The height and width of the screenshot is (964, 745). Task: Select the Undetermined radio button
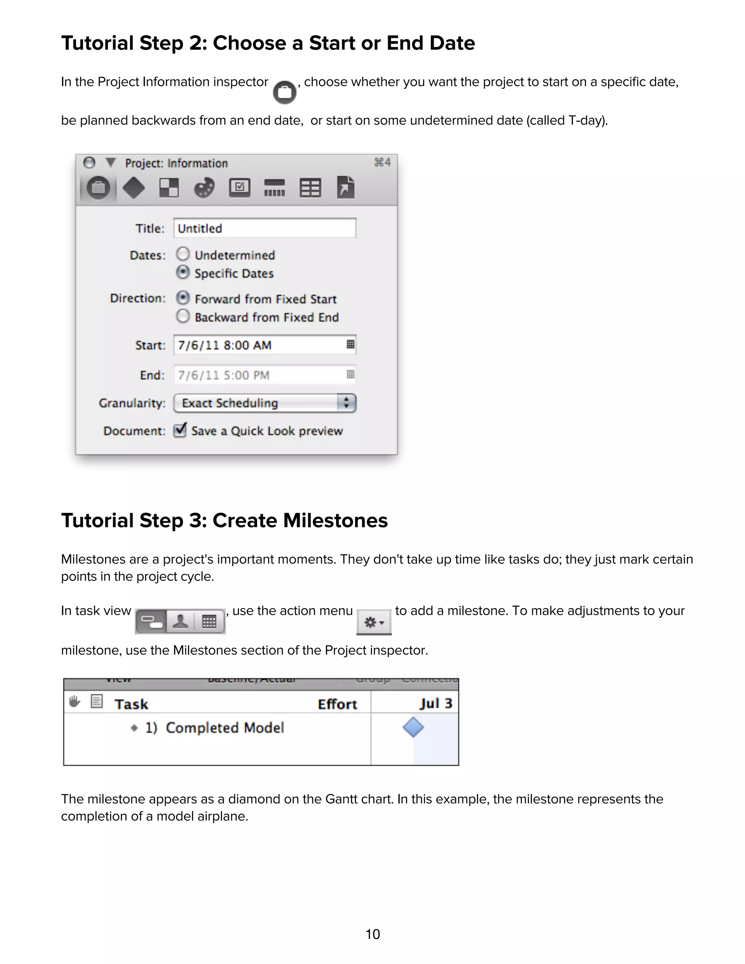[183, 254]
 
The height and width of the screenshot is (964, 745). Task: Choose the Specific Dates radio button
[183, 272]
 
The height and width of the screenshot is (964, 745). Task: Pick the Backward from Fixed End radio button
[183, 316]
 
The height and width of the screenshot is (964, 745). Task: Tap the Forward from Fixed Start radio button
[183, 298]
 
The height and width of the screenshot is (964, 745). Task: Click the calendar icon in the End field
[350, 375]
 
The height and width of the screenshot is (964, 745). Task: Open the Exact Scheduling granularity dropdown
[264, 403]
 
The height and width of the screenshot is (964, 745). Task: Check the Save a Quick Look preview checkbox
[180, 430]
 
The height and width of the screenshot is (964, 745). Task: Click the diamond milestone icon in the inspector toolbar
[133, 188]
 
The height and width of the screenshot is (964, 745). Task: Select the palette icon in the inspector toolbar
[204, 188]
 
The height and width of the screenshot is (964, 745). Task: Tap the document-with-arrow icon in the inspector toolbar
[346, 188]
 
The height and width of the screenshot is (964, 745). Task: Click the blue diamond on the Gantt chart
[413, 728]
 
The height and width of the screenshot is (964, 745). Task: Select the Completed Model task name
[225, 728]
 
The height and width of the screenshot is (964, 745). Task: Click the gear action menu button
[374, 622]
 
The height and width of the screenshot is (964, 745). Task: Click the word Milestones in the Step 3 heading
[335, 521]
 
